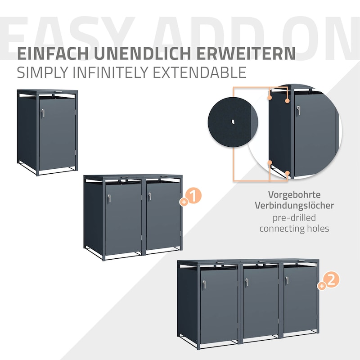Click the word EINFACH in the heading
pos(53,54)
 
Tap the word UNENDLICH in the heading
pos(142,54)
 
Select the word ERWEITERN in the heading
pos(246,54)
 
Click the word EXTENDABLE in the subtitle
pos(200,72)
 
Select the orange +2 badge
pos(329,280)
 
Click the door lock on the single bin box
pos(43,113)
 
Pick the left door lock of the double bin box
pos(109,198)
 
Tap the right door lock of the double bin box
pos(150,197)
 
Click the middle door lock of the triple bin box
pos(246,283)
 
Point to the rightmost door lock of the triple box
pos(287,280)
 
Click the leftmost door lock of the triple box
pos(204,284)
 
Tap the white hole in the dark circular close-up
pos(233,121)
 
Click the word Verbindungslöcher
pos(294,205)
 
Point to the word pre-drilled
pos(294,218)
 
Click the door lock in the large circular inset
pos(298,110)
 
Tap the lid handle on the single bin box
pos(59,92)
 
